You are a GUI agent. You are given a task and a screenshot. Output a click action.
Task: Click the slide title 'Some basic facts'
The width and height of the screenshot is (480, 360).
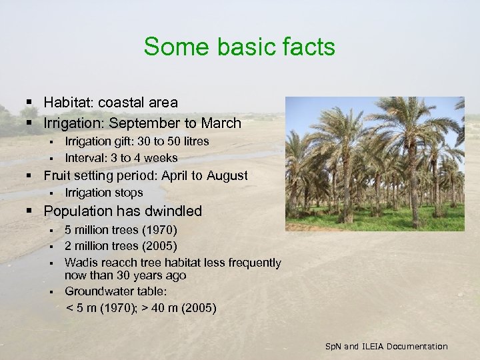click(239, 47)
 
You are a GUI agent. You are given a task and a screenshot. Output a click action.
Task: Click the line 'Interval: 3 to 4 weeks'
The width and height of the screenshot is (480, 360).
click(121, 158)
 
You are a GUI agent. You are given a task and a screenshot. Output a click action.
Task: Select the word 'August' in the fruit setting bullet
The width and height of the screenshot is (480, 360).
click(226, 175)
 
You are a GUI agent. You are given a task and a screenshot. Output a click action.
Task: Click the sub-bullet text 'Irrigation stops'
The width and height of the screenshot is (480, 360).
click(103, 193)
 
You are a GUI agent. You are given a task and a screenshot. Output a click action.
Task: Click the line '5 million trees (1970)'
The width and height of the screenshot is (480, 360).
click(121, 230)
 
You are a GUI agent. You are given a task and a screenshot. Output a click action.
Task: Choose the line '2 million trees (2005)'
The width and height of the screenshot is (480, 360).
click(121, 247)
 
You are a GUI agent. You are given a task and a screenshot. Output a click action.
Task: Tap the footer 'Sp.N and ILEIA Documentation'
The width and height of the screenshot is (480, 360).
click(386, 346)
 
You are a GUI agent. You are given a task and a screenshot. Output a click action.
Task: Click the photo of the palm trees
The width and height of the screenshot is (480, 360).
click(375, 163)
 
